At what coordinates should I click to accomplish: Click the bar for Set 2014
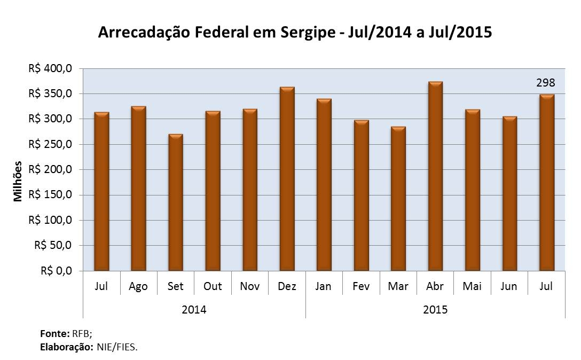point(175,202)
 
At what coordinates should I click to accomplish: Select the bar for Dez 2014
point(287,179)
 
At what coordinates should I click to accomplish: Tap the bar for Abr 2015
point(435,176)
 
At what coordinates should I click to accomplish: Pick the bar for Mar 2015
point(398,199)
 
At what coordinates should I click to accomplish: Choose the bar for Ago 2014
point(138,189)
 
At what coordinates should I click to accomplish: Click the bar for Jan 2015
point(324,185)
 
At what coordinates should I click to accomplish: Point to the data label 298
point(546,83)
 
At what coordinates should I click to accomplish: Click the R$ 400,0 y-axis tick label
point(51,68)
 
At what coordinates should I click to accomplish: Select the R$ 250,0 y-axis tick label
point(51,144)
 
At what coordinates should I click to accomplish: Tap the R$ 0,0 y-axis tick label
point(56,271)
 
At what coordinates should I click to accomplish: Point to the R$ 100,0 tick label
point(51,220)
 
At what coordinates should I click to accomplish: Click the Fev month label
point(361,286)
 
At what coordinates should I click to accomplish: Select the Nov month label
point(249,286)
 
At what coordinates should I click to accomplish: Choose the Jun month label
point(509,286)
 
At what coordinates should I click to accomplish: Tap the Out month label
point(213,286)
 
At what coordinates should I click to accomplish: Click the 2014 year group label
point(194,310)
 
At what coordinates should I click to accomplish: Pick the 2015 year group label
point(435,310)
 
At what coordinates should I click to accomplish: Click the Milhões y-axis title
point(18,181)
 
